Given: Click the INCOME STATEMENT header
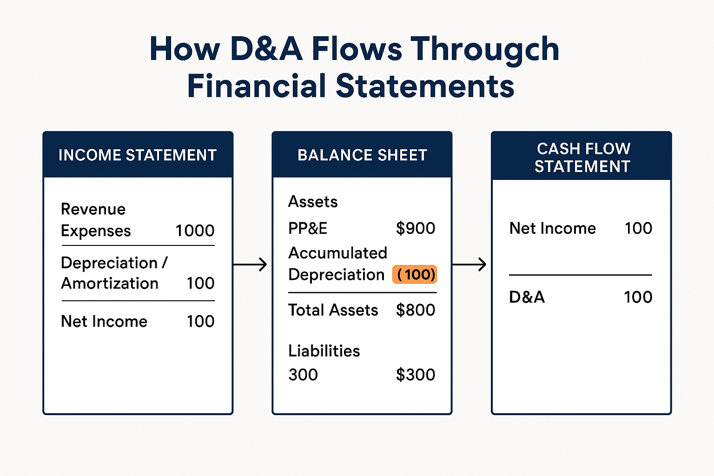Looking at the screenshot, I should tap(138, 155).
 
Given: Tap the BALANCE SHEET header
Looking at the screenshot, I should tap(362, 155).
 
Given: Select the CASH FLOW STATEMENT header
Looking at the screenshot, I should tap(582, 157).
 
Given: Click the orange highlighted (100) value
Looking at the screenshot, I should tap(415, 274).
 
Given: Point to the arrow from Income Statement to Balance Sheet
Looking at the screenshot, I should tap(251, 264).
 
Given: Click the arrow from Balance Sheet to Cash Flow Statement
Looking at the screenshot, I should tap(469, 264).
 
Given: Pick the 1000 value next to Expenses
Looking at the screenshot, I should tap(195, 231).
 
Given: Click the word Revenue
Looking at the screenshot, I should tap(93, 209).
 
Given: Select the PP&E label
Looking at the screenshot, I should tap(308, 228).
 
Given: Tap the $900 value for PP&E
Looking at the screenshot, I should tap(415, 228).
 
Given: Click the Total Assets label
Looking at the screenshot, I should tap(333, 310).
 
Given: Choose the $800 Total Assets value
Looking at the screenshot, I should tap(415, 310).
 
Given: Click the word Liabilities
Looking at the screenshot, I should tap(324, 351).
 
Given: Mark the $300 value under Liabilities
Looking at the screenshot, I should tap(415, 375).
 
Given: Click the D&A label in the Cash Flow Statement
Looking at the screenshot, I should tap(527, 297).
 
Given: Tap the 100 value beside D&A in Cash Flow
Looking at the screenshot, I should tap(638, 297).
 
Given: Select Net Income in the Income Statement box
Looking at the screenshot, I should tap(104, 321).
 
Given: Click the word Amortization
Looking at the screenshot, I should tap(110, 283).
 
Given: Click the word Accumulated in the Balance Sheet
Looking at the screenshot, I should tap(337, 253).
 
